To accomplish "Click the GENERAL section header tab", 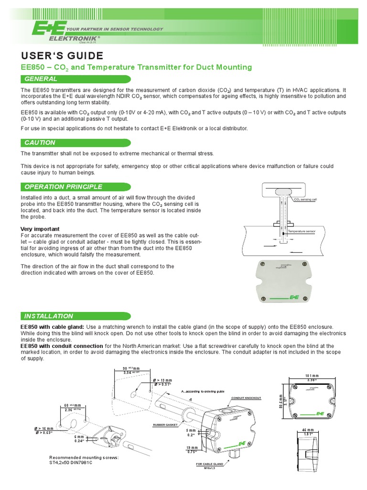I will point(41,79).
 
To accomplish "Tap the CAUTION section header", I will point(40,143).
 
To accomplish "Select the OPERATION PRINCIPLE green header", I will point(63,187).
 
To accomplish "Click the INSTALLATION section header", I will point(49,316).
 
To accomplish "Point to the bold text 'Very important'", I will point(41,229).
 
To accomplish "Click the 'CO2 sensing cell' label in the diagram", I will point(305,200).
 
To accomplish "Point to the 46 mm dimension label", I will point(307,431).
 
